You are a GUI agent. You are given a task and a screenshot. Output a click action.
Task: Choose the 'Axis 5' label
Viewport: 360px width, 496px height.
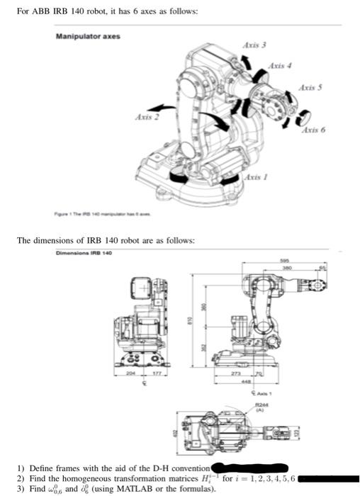click(x=310, y=87)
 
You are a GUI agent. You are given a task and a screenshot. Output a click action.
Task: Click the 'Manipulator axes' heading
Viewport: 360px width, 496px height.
click(x=88, y=36)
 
